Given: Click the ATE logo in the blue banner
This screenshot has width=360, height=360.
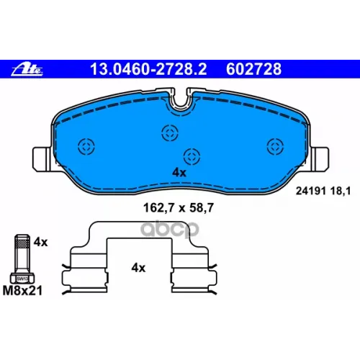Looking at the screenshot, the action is point(27,70).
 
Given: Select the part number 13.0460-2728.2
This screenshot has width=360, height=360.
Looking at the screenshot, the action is point(148,69).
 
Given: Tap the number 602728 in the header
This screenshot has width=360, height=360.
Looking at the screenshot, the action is point(253,69).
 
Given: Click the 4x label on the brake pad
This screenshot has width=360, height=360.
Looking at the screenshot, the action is point(179,173).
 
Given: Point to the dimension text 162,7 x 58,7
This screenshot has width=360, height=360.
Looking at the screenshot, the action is point(179,208).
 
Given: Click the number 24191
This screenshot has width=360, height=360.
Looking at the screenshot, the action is point(311,191).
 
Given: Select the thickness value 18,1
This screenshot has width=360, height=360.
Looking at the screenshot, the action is point(341,192).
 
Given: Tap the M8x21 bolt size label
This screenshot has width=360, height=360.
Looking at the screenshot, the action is point(22,290).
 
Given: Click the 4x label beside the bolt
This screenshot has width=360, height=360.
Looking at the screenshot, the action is point(40,242).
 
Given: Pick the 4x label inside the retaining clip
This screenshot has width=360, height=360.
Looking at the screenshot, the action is point(138,268).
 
